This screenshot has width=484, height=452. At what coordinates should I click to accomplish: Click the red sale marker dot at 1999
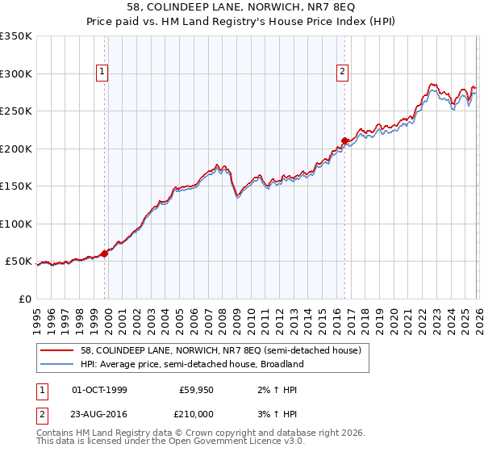pyautogui.click(x=105, y=253)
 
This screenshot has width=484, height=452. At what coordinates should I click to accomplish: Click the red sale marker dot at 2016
pyautogui.click(x=344, y=141)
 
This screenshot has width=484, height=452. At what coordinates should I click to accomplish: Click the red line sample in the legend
pyautogui.click(x=58, y=351)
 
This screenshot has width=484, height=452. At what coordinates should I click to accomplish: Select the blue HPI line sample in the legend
pyautogui.click(x=58, y=364)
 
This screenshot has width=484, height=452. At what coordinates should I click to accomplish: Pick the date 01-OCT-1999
pyautogui.click(x=99, y=390)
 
